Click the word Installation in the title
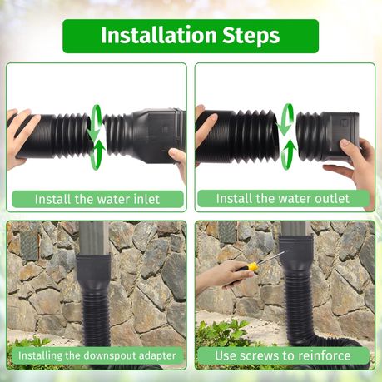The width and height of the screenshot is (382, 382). [158, 35]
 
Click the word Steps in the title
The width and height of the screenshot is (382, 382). [251, 37]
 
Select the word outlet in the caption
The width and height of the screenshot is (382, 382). [332, 199]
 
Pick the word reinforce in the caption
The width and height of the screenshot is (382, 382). [321, 355]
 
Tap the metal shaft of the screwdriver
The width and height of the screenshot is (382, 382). [272, 257]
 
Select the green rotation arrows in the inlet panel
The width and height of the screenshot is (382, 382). [97, 137]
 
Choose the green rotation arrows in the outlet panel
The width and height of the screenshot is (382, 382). [286, 137]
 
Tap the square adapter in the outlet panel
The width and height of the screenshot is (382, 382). [340, 135]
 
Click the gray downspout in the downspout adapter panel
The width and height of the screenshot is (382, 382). [94, 239]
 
